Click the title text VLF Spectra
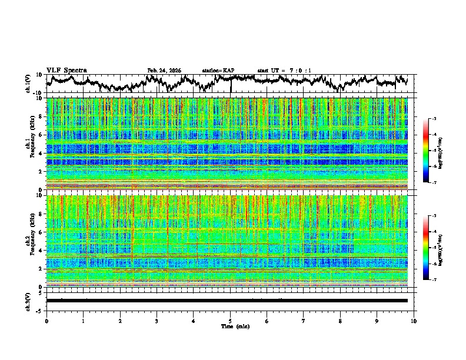coord(66,70)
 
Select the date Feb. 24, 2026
coord(164,71)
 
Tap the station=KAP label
coord(218,71)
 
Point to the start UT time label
coord(284,71)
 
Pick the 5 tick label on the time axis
coord(230,321)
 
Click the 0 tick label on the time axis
coord(46,321)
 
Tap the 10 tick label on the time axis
coord(414,321)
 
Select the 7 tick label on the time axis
coord(304,321)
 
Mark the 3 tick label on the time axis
coord(157,321)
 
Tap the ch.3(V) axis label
coord(28,301)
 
